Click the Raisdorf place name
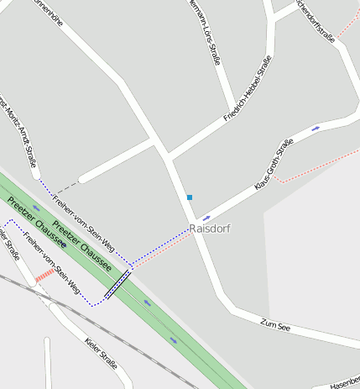(x=210, y=229)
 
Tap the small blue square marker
(x=190, y=197)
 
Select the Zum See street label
(x=274, y=324)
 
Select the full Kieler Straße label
(x=101, y=353)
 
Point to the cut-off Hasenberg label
(x=344, y=382)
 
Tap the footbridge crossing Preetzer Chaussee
(x=117, y=284)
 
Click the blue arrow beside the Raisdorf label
(x=206, y=218)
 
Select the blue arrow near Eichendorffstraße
(x=316, y=129)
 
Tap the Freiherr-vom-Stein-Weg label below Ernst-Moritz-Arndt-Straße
(x=83, y=222)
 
